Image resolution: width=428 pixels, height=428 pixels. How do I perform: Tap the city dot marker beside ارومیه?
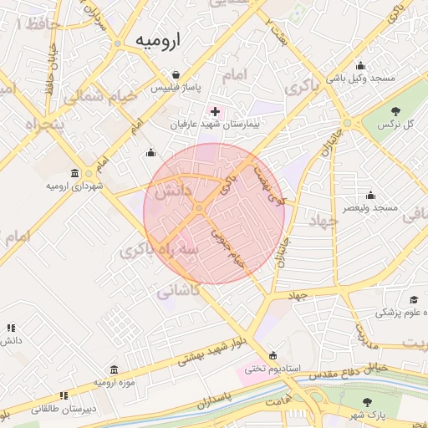point(117,43)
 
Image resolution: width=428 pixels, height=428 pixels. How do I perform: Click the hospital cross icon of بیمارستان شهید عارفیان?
point(216,110)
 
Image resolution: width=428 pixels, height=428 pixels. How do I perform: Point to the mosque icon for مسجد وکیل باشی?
point(360,66)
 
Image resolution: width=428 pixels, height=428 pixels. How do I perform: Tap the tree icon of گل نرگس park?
point(395,111)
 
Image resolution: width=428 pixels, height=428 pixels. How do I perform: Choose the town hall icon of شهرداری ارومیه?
point(75,174)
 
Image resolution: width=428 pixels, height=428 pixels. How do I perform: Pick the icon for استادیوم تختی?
point(273,355)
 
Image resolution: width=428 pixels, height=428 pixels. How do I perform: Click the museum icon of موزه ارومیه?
point(114,369)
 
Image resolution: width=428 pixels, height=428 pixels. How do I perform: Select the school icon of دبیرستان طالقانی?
point(63,396)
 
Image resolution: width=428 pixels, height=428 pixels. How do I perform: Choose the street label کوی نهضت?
point(269,185)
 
